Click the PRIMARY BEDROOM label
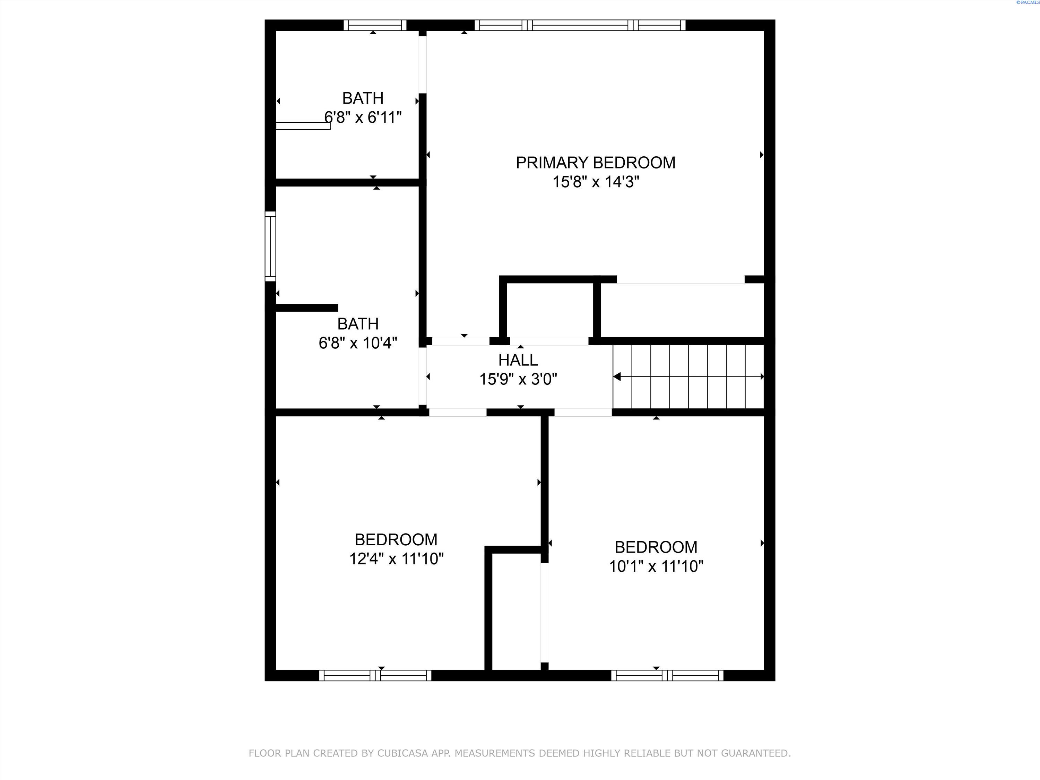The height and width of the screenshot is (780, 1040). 595,163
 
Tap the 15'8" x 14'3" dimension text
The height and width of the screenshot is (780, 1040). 596,182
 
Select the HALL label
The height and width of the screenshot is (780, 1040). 518,360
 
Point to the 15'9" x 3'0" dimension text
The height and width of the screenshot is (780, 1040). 518,379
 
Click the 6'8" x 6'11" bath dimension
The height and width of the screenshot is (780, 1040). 363,117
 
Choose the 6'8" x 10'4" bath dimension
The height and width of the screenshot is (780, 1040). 358,343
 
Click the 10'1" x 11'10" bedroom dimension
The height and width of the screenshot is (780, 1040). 656,566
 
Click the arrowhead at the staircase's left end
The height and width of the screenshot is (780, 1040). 616,376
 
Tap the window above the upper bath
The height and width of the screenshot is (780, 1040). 375,25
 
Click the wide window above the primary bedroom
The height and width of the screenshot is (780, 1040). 580,25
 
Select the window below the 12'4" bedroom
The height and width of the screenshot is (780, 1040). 375,675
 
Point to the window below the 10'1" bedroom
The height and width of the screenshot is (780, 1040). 667,675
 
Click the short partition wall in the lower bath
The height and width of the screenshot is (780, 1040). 306,307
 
